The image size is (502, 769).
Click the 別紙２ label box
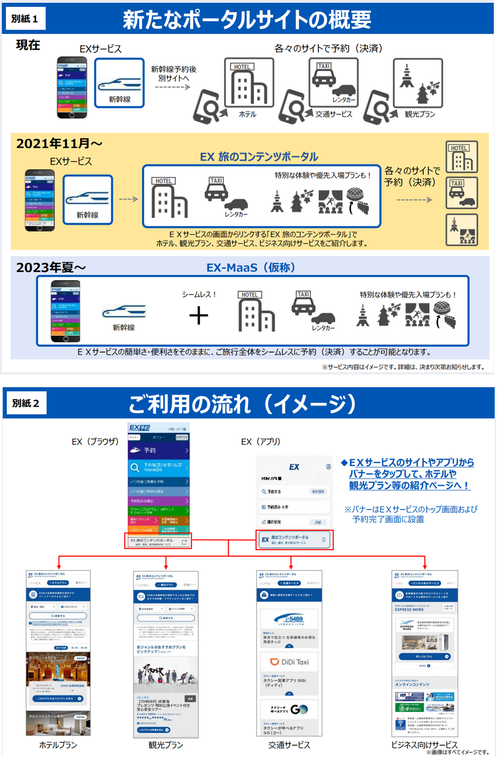click(25, 403)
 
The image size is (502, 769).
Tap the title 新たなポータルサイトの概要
click(246, 19)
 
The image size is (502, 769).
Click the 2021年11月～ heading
click(59, 144)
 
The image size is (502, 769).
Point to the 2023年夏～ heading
click(51, 267)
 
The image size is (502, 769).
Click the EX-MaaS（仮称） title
click(251, 267)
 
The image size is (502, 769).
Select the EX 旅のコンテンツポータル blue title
click(259, 157)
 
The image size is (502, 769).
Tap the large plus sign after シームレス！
click(199, 316)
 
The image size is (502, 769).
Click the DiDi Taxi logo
click(289, 662)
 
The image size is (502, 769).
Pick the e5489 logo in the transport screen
click(289, 619)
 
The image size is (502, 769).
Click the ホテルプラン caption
click(58, 745)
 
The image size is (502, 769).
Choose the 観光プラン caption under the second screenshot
click(165, 745)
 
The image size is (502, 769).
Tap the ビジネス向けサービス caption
click(424, 744)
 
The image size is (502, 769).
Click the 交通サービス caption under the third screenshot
click(289, 745)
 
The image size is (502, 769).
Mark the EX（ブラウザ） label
click(95, 442)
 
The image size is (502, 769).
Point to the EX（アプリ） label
click(261, 442)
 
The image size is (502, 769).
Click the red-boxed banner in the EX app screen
click(294, 540)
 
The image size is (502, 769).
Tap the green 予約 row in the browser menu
click(159, 450)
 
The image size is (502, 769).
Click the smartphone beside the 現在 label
click(72, 87)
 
